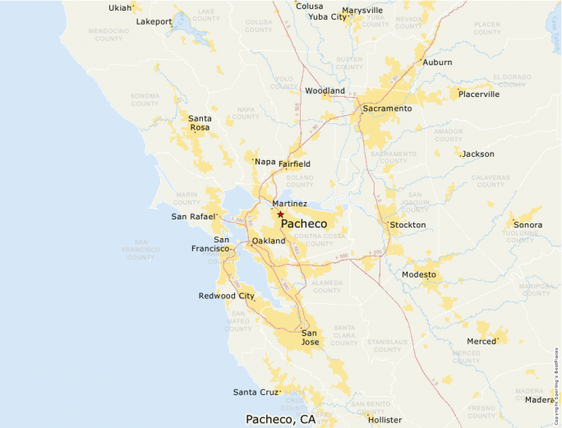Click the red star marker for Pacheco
(280, 214)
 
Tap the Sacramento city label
(387, 108)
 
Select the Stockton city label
(408, 225)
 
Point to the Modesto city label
(419, 274)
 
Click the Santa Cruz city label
(256, 392)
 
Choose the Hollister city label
(385, 420)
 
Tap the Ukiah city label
(120, 8)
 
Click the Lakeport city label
(154, 21)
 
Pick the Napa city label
(265, 162)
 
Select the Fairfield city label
(294, 164)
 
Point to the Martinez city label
(289, 204)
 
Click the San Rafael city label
(192, 217)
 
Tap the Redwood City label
(226, 296)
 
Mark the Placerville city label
(479, 94)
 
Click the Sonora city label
(527, 225)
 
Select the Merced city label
(481, 341)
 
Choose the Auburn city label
(437, 62)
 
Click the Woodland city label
(325, 91)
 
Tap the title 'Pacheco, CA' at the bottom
(280, 419)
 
